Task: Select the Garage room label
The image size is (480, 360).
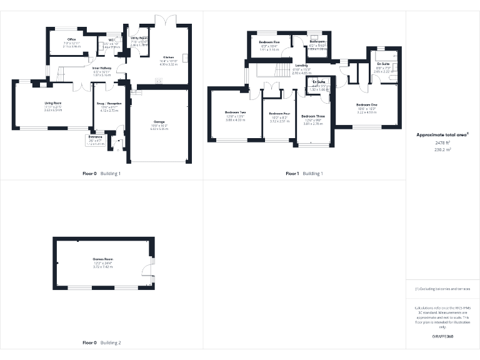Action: (x=159, y=122)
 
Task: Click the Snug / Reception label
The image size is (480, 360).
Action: (x=109, y=103)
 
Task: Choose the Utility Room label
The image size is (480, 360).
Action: (x=139, y=38)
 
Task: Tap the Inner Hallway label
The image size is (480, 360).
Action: (x=101, y=67)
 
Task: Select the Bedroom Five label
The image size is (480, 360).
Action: (x=269, y=42)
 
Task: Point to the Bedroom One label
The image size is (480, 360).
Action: (x=367, y=104)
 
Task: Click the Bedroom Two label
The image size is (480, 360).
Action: (x=235, y=112)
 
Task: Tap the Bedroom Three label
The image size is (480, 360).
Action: (x=312, y=116)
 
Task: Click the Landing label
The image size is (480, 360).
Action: (x=301, y=65)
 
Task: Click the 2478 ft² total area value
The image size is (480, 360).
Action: (x=442, y=143)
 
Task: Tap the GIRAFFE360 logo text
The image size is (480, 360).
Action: (x=442, y=336)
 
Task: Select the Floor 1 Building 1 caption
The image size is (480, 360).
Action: (x=304, y=173)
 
